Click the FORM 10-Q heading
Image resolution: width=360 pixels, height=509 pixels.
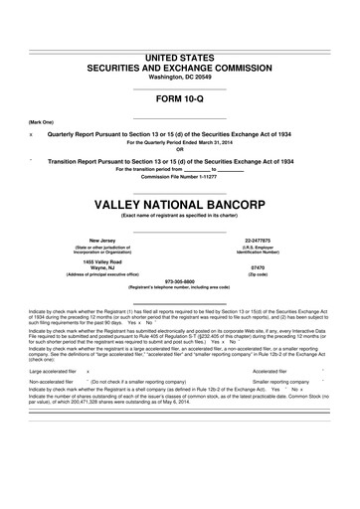(x=180, y=99)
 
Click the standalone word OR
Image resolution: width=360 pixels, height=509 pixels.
(x=180, y=149)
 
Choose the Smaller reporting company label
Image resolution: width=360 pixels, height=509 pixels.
(x=286, y=381)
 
